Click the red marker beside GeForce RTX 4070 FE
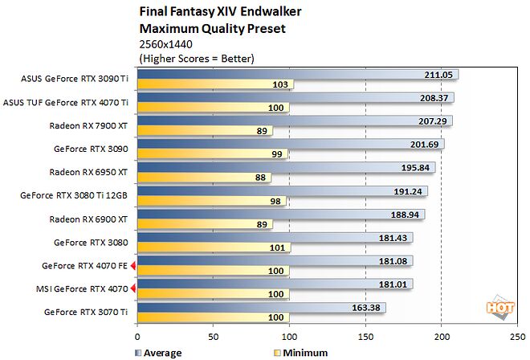[133, 265]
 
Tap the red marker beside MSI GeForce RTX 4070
[133, 288]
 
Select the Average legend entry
[157, 353]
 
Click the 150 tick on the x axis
[365, 337]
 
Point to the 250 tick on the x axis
[517, 337]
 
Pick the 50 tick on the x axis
[214, 337]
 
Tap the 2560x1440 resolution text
[164, 45]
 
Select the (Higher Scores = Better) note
[197, 59]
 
